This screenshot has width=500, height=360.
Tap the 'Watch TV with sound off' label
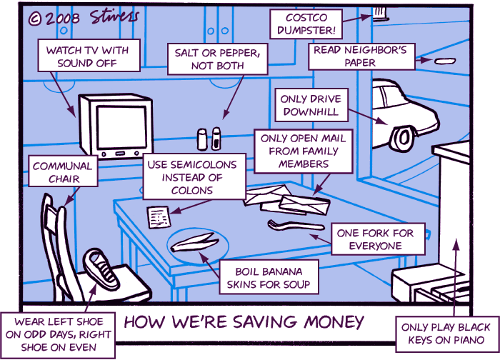pos(87,56)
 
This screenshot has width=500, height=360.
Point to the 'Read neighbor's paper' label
pos(362,56)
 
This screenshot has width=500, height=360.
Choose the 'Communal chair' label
pos(63,172)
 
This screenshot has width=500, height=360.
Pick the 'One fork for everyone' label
pos(379,240)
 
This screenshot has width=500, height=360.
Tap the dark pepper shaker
pos(215,139)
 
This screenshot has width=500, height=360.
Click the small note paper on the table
pos(157,214)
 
